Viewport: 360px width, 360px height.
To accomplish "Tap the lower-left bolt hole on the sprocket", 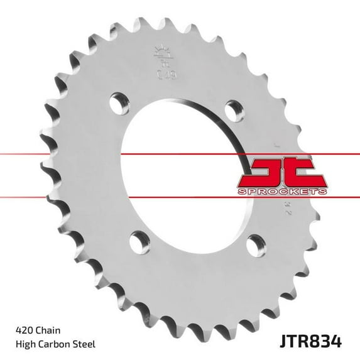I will point(137,238).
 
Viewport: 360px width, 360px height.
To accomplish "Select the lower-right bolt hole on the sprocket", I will point(254,243).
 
